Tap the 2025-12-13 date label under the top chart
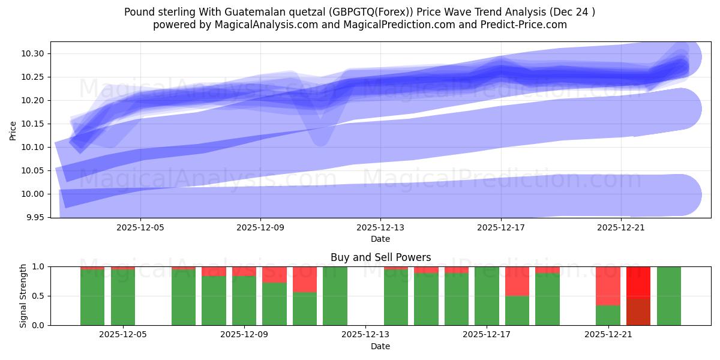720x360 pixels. coord(380,227)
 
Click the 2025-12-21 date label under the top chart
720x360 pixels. coord(621,227)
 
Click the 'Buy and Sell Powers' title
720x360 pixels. coord(380,257)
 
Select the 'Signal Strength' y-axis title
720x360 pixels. coord(23,296)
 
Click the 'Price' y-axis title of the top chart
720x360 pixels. coord(13,130)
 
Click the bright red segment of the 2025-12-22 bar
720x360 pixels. coord(638,281)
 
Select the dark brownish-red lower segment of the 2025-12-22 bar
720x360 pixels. coord(638,311)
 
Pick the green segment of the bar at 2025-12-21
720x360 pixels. coord(608,315)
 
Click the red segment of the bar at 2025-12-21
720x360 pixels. coord(608,286)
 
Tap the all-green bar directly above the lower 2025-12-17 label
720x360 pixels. coord(487,296)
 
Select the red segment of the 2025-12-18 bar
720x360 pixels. coord(517,281)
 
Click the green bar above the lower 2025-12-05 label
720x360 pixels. coord(123,298)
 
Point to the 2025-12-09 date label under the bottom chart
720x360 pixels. coord(245,334)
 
